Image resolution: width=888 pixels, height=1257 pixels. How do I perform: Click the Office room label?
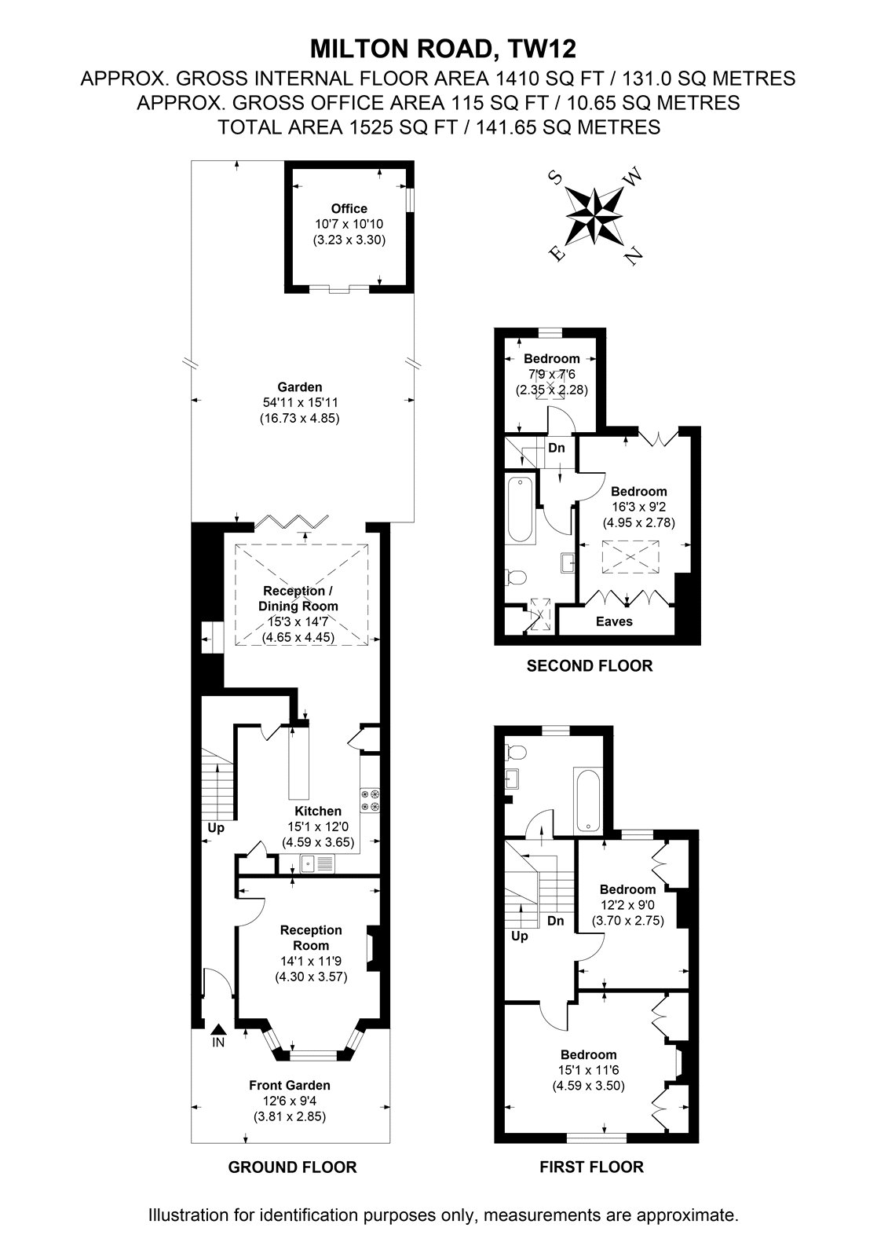[x=349, y=209]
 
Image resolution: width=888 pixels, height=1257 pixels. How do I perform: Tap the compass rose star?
[x=594, y=216]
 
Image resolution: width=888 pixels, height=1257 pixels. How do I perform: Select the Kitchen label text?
[x=318, y=811]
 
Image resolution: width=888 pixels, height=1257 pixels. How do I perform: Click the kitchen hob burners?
[x=371, y=801]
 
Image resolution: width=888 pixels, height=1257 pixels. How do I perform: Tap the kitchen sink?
[x=317, y=863]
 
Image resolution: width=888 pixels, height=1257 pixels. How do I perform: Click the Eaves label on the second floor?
[x=614, y=621]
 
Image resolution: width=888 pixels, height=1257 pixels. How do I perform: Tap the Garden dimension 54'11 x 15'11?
[x=300, y=402]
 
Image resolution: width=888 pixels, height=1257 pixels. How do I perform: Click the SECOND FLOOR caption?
[x=590, y=665]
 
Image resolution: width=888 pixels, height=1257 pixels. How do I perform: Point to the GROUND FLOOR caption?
[x=292, y=1167]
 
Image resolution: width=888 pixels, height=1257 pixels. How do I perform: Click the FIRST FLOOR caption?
[x=592, y=1167]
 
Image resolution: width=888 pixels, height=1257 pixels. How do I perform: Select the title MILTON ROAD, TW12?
[x=443, y=49]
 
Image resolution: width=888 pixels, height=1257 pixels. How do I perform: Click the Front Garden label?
[x=290, y=1085]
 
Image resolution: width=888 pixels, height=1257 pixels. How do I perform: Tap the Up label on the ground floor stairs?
[x=216, y=828]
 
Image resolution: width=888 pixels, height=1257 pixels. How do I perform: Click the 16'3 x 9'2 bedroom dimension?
[x=639, y=507]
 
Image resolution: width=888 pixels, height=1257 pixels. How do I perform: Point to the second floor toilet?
[x=516, y=577]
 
